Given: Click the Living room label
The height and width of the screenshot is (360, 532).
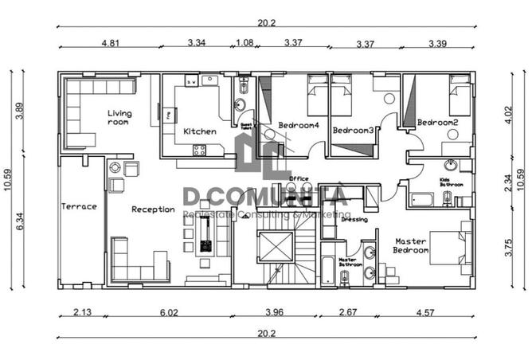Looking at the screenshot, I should point(119,118).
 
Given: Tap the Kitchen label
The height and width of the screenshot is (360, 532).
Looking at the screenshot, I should point(199,131).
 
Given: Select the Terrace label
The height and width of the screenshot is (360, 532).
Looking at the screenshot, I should point(79,206).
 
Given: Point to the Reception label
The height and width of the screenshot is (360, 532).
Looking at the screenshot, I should point(153,209).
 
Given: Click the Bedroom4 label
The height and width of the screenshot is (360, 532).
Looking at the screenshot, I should point(299,125).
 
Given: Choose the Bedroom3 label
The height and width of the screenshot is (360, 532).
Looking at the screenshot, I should point(353,130).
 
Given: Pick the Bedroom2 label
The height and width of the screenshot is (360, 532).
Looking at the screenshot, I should point(437,123).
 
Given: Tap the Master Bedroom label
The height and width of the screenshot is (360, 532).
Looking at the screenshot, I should point(411,245).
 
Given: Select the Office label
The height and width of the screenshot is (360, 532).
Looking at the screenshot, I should point(299,178).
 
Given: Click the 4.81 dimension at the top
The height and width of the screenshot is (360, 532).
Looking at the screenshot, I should point(111,42).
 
